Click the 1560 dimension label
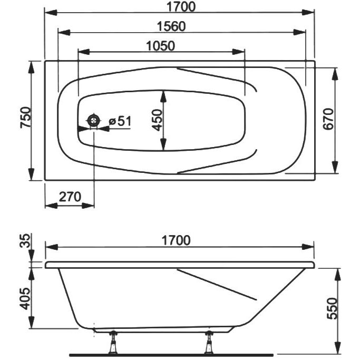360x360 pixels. [171, 26]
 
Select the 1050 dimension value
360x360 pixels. [160, 46]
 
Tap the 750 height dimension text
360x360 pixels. [25, 118]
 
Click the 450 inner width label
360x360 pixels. [157, 120]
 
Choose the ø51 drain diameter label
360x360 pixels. [120, 121]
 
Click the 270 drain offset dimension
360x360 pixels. [70, 197]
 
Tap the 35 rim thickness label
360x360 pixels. [25, 240]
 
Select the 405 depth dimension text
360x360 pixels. [25, 299]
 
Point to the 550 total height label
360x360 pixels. [333, 308]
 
